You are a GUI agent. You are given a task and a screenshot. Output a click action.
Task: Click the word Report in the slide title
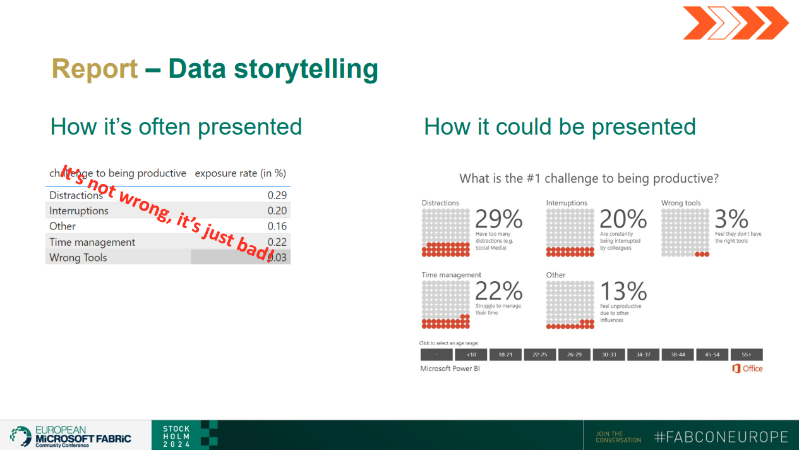[x=95, y=69]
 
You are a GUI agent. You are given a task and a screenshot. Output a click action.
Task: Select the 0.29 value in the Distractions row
[x=277, y=195]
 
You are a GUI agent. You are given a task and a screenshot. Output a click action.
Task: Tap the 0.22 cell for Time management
[x=277, y=242]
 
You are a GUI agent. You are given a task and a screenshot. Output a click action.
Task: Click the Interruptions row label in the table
[x=79, y=211]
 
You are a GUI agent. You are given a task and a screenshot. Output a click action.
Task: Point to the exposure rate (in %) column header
[x=240, y=173]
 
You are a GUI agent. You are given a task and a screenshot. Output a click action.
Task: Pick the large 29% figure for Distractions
[x=498, y=219]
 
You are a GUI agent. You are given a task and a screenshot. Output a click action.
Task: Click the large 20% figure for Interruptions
[x=623, y=219]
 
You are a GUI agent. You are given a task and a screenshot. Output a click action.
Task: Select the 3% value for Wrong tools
[x=731, y=219]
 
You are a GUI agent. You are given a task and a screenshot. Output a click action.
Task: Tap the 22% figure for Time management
[x=498, y=291]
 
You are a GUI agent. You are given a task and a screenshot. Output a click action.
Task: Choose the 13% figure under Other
[x=623, y=291]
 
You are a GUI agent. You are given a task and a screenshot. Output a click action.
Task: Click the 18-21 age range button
[x=505, y=355]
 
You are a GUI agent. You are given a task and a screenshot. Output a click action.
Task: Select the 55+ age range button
[x=747, y=355]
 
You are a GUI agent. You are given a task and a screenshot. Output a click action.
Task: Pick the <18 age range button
[x=471, y=355]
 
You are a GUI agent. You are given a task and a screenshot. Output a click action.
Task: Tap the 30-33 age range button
[x=609, y=355]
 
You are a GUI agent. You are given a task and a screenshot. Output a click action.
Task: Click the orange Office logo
[x=747, y=368]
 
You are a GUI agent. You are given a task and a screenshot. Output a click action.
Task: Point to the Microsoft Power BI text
[x=450, y=368]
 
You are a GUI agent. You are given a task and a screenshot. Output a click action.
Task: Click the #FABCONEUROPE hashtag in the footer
[x=721, y=437]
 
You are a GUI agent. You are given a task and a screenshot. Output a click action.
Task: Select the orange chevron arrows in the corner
[x=735, y=23]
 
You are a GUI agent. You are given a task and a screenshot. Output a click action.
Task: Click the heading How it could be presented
[x=560, y=127]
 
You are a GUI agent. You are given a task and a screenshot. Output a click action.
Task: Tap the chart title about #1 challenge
[x=589, y=179]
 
